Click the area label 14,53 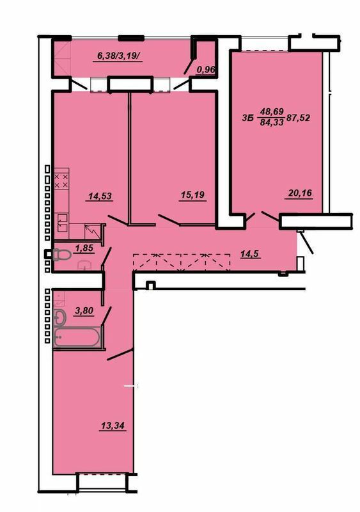(99, 196)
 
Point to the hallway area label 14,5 (250, 253)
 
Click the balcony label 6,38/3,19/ (121, 56)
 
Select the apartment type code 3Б (249, 118)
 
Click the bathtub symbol (77, 337)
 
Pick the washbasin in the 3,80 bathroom (61, 317)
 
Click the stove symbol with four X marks (61, 180)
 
